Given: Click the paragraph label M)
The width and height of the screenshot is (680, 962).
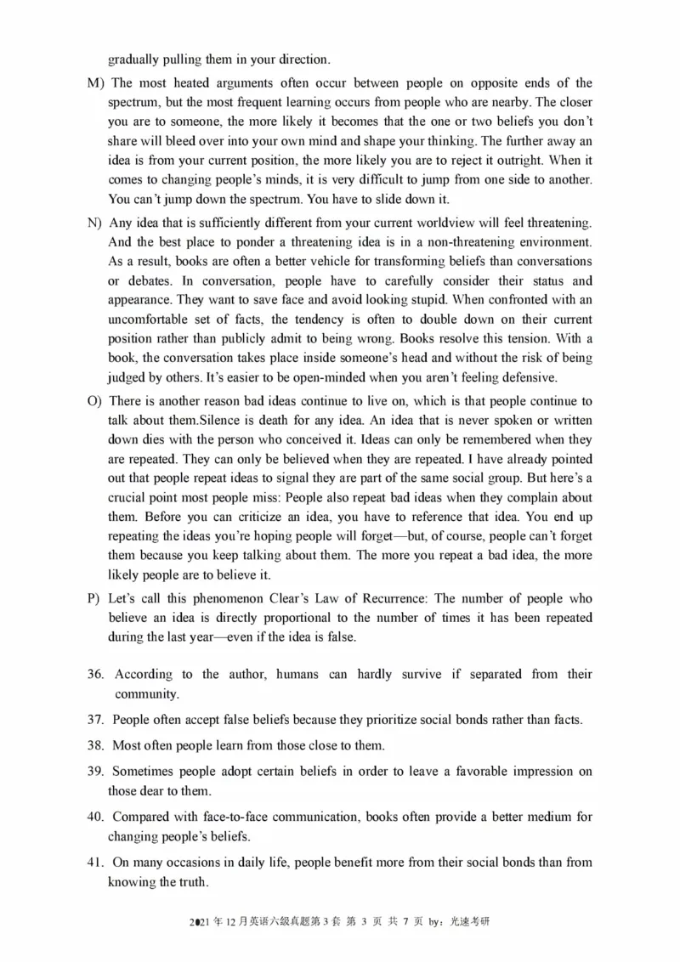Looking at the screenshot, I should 95,82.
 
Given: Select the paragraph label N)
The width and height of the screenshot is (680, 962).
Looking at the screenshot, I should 94,223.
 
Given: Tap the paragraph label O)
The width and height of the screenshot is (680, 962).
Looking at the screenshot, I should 94,401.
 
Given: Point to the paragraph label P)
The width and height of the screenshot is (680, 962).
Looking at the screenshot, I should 94,598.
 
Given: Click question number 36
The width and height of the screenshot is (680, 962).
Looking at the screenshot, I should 95,674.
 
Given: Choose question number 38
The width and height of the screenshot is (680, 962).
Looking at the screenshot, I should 95,746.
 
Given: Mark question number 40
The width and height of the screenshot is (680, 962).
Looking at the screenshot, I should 95,818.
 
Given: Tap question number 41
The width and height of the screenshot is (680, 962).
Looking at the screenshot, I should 95,863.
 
